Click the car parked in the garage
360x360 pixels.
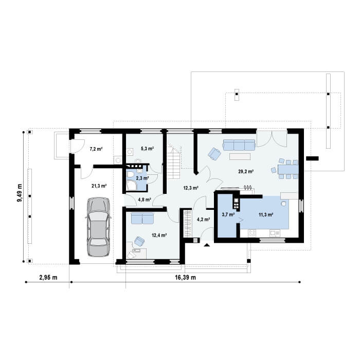click(x=98, y=227)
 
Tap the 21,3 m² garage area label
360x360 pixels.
click(x=99, y=186)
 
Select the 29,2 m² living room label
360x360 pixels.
click(x=246, y=171)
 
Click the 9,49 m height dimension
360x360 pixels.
click(x=20, y=193)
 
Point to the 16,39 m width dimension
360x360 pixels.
click(x=186, y=278)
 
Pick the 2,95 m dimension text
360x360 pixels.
click(x=48, y=278)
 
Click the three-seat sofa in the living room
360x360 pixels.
click(x=239, y=145)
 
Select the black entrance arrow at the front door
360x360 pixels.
click(x=207, y=245)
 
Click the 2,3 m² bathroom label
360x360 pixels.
click(x=142, y=178)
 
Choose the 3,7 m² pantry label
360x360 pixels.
click(x=228, y=214)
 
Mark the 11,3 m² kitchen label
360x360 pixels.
click(x=266, y=215)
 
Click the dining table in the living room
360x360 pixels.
click(x=288, y=169)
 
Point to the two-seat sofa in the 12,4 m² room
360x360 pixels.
click(x=142, y=219)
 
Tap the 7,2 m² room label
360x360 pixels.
click(x=96, y=149)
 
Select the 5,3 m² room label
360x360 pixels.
click(x=147, y=149)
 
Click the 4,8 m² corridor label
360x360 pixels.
click(x=145, y=200)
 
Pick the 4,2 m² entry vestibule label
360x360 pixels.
click(x=204, y=220)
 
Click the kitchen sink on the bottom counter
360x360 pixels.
click(x=275, y=233)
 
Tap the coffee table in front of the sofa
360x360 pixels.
click(x=240, y=156)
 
